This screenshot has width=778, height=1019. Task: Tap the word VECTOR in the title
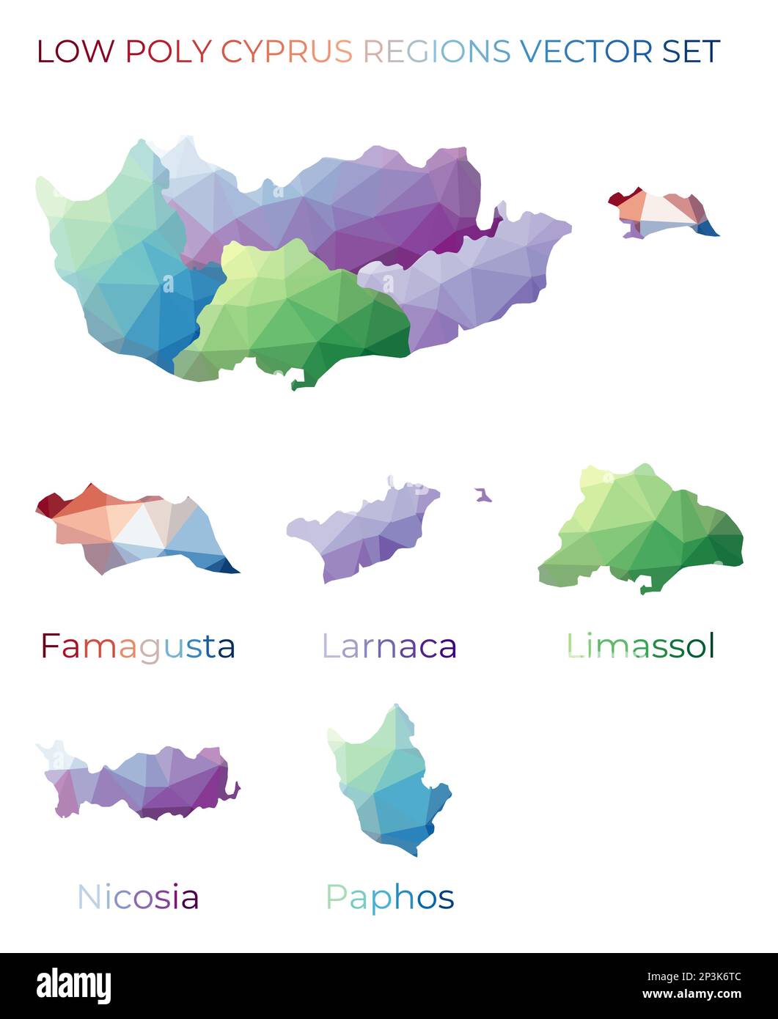pos(585,51)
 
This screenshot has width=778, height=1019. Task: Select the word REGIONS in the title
pos(437,51)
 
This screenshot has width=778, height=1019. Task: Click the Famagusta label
pos(138,646)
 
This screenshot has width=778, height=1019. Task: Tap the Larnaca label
pos(389,646)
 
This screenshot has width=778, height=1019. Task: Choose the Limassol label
pos(640,646)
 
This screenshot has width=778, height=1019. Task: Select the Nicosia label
pos(138,897)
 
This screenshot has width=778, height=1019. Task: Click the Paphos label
pos(389,897)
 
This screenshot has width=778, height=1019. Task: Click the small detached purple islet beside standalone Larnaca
pos(482,496)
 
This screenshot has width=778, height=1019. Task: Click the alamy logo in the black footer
pos(73,986)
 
